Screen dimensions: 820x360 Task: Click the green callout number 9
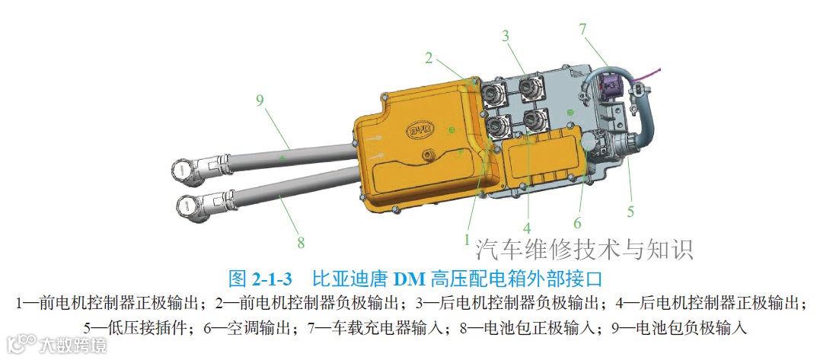260,100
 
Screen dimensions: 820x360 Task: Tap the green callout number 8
301,243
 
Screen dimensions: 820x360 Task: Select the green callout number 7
584,30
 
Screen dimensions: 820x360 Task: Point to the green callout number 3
506,36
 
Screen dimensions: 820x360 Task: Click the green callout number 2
429,58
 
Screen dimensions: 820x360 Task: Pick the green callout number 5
630,211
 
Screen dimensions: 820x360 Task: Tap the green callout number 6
577,223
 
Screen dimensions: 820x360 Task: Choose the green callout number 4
527,228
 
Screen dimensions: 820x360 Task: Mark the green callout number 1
467,240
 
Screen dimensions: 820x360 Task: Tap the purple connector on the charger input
611,85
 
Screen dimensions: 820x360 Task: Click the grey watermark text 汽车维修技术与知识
584,249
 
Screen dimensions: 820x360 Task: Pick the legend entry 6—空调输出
247,328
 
